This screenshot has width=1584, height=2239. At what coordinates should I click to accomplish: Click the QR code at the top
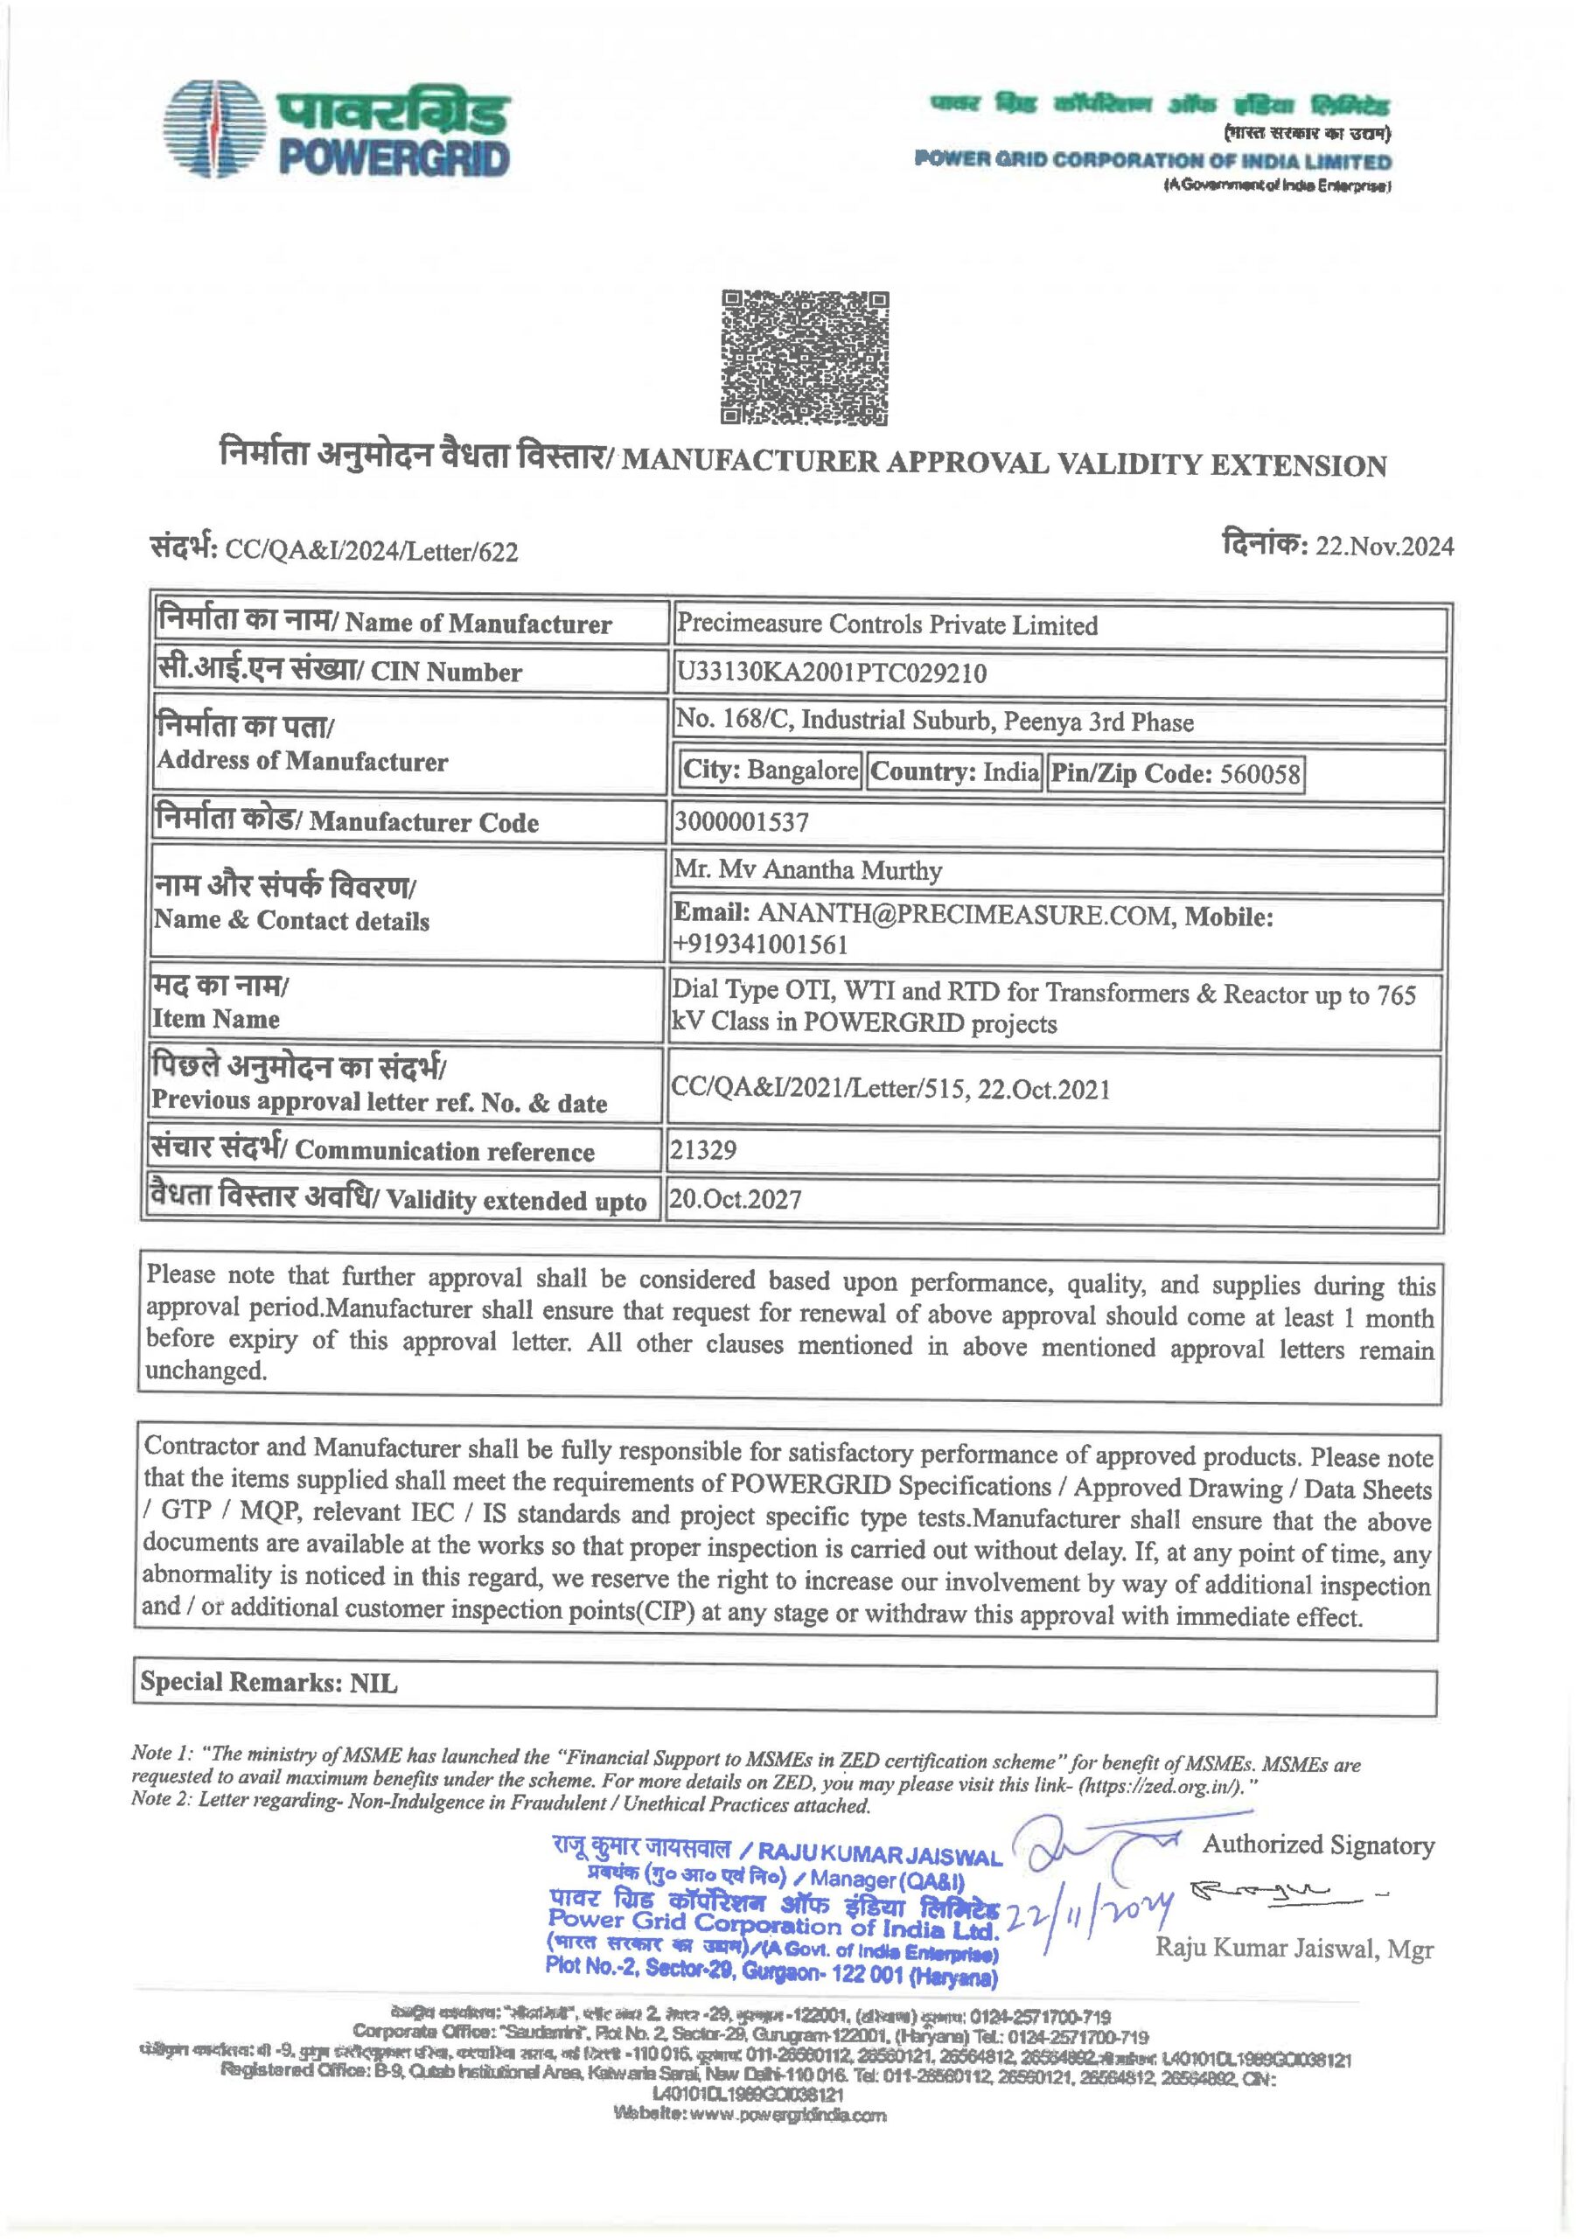click(805, 358)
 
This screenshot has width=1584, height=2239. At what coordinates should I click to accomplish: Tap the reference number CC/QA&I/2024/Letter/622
click(372, 552)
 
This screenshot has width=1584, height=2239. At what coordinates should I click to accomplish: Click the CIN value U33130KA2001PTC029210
click(831, 673)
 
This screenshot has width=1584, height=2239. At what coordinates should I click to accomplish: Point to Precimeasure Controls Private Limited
click(887, 625)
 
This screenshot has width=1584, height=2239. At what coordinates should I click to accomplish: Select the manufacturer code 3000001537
click(742, 822)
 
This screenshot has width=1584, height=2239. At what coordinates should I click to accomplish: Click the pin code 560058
click(1260, 774)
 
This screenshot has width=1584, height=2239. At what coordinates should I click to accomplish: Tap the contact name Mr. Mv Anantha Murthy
click(808, 871)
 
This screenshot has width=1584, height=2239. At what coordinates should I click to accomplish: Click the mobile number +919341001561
click(760, 944)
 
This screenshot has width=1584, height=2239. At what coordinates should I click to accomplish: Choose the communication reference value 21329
click(702, 1150)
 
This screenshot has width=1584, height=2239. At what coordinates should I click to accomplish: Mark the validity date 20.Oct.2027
click(736, 1198)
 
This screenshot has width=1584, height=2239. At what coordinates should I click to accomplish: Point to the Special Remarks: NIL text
click(269, 1681)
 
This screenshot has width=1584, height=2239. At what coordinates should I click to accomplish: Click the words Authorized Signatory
click(1318, 1845)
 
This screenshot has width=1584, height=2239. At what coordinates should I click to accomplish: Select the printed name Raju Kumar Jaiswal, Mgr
click(1294, 1950)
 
